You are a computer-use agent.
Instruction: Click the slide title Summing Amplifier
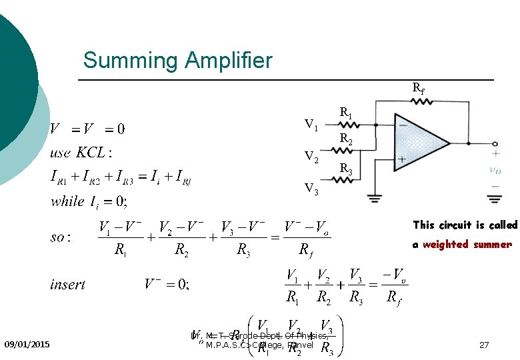(178, 61)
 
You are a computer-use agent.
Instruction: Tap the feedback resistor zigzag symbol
(421, 101)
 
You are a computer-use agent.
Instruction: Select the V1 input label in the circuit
(311, 124)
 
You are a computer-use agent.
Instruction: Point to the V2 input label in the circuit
(311, 157)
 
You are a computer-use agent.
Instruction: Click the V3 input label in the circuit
(311, 189)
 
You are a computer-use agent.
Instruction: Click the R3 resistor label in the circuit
(347, 170)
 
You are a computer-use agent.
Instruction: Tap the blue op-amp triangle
(420, 142)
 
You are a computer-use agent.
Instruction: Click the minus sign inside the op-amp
(403, 125)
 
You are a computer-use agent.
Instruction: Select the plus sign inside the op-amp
(403, 159)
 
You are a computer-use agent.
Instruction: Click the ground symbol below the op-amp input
(375, 197)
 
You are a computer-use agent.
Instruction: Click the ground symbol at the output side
(495, 197)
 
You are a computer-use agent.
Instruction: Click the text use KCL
(81, 153)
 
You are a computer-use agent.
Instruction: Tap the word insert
(67, 285)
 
